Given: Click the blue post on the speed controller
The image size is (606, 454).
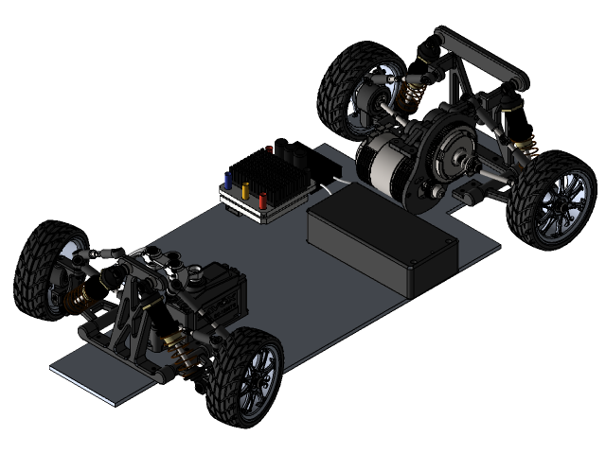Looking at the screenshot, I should [x=227, y=179].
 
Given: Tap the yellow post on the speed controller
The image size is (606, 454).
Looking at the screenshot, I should [x=246, y=189].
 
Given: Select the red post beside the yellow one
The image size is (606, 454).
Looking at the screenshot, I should [x=263, y=199].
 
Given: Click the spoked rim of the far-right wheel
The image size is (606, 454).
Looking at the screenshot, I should [x=557, y=207].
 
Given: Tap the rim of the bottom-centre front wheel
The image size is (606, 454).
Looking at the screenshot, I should [x=258, y=384].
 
